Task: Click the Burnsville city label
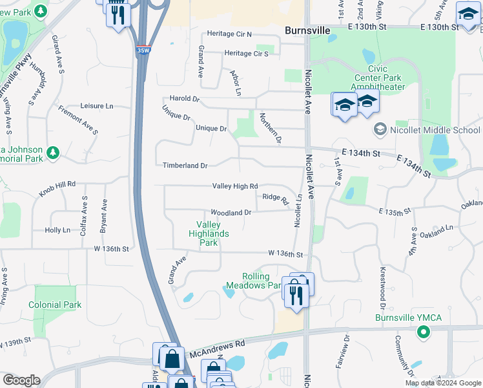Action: (x=308, y=30)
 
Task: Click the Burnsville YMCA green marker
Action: (x=424, y=332)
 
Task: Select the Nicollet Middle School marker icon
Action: (x=380, y=130)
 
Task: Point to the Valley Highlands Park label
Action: (x=209, y=233)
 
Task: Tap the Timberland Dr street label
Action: (x=185, y=166)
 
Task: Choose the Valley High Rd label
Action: (x=235, y=186)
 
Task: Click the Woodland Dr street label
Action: (x=231, y=213)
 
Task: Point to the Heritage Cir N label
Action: (x=229, y=34)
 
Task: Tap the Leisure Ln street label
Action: (x=97, y=105)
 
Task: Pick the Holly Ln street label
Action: (x=57, y=230)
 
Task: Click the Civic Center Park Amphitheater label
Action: (x=378, y=78)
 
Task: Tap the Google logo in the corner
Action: (x=21, y=380)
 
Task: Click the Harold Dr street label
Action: (x=185, y=100)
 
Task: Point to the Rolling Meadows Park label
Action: (x=254, y=281)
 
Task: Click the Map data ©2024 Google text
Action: (x=443, y=383)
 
